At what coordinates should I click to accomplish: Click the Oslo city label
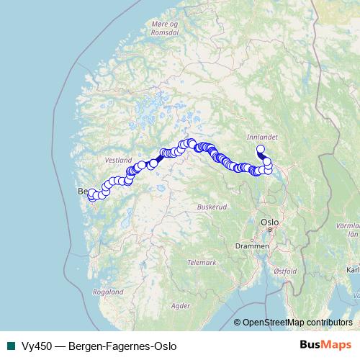click(x=270, y=222)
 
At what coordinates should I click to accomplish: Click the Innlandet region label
click(x=257, y=135)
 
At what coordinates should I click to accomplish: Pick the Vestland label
click(x=118, y=158)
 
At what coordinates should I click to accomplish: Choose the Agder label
click(x=181, y=305)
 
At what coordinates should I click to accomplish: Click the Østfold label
click(x=286, y=271)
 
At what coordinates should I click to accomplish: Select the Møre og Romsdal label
click(x=165, y=27)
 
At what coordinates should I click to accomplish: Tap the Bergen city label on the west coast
click(x=82, y=192)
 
